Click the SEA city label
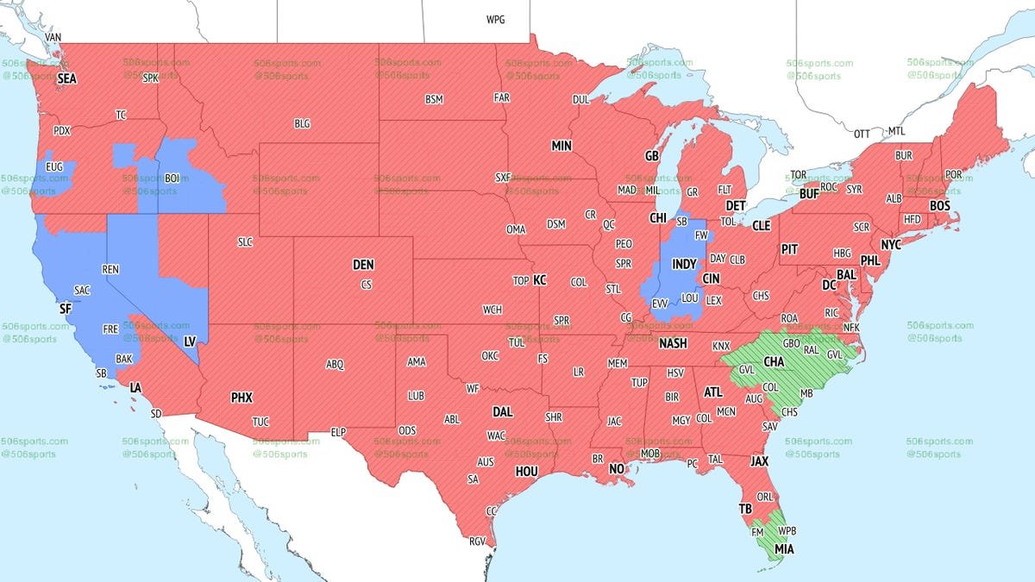(67, 78)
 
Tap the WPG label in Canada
(496, 19)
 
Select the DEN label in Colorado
(363, 265)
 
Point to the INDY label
(684, 264)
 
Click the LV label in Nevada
(190, 341)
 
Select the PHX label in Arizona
(241, 398)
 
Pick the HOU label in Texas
(526, 472)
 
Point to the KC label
(540, 280)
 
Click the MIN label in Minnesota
(561, 147)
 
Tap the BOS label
(938, 206)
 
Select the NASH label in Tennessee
(673, 343)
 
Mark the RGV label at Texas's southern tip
(477, 541)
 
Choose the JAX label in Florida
(759, 462)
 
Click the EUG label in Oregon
(54, 166)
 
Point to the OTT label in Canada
(862, 135)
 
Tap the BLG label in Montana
(302, 124)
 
